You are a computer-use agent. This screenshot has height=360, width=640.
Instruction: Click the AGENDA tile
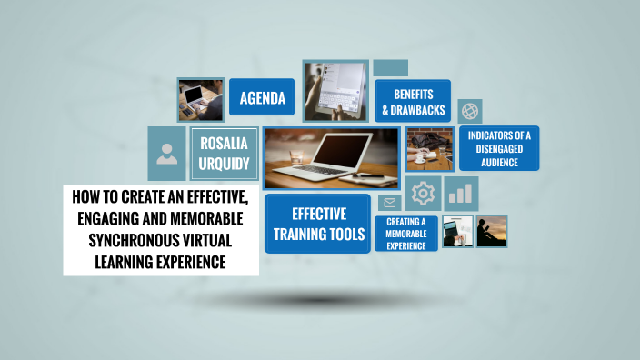262,98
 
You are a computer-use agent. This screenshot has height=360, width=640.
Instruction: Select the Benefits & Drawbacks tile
413,101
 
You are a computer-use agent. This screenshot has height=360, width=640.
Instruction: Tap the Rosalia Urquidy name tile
223,153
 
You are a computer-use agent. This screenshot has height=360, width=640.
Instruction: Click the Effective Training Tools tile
317,224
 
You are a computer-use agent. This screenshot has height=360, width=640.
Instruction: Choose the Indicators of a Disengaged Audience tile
498,148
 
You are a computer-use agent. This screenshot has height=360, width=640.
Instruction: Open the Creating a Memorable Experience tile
406,234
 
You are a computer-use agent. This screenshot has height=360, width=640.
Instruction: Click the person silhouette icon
166,153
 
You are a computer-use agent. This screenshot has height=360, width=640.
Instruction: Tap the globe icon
470,111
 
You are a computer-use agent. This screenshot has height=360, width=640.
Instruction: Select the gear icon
423,194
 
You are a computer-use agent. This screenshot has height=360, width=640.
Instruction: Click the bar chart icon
462,193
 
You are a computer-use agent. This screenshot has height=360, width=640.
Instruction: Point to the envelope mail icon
390,203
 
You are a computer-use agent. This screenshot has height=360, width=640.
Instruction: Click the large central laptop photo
332,157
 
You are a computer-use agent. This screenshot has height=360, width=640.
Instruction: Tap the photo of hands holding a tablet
335,91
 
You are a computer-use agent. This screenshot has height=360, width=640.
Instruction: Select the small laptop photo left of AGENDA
200,99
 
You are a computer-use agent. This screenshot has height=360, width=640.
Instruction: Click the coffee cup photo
429,149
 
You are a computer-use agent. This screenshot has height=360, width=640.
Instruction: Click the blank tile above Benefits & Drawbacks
390,68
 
